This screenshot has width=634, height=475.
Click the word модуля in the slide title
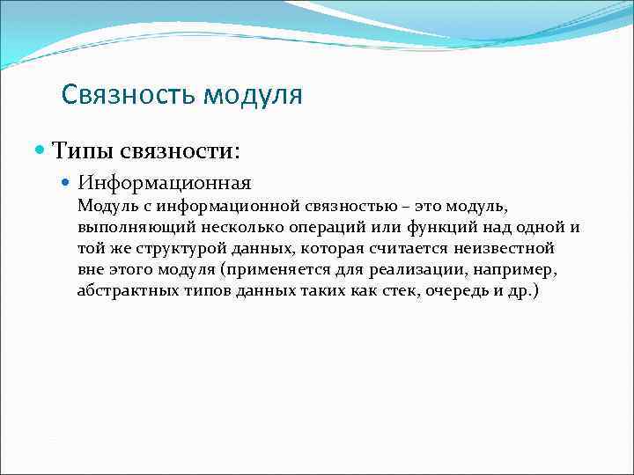click(x=253, y=95)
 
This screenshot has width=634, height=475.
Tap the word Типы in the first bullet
click(x=81, y=150)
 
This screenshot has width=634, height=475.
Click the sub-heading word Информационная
click(x=164, y=183)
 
